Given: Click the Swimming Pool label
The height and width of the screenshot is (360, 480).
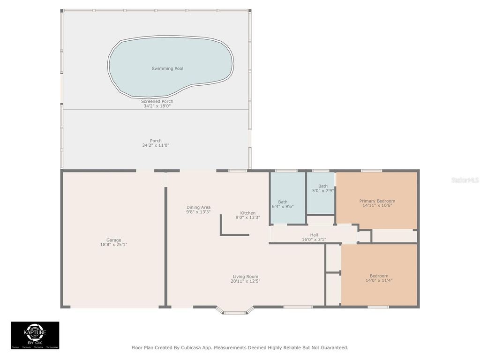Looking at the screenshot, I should point(167,68).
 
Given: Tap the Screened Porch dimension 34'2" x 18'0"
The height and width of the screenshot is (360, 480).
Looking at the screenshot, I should point(157,106).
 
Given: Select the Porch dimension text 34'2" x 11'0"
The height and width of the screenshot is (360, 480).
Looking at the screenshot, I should point(156,145).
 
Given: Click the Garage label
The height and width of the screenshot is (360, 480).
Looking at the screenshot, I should point(113,240).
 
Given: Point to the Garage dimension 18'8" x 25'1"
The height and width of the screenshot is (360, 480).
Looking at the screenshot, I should point(113,244).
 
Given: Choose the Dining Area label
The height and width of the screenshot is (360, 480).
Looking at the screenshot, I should point(198,207).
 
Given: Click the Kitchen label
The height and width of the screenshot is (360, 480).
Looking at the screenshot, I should point(248,213).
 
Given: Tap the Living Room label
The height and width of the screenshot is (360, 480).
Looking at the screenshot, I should point(245,277).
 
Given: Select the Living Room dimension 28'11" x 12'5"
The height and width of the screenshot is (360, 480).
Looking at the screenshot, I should point(245,281).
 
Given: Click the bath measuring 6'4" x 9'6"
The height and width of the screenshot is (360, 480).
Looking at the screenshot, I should point(283,204).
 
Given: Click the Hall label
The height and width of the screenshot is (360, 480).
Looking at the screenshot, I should point(314,235).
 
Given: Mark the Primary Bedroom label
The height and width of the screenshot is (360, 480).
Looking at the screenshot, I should point(377,201).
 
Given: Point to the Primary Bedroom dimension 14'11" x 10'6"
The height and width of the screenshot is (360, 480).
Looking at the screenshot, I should point(377,205).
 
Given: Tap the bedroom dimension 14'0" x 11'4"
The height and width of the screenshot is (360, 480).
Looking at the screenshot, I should point(379,281).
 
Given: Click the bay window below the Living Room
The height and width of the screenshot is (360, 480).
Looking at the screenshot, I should point(235,311).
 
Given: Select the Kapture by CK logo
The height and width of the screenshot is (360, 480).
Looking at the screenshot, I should point(35,335).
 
